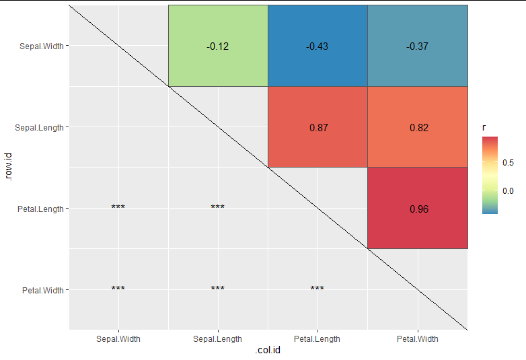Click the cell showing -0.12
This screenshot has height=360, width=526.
pos(217,46)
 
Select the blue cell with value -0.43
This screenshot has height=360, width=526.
pos(317,46)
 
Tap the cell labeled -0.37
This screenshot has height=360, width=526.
pos(417,46)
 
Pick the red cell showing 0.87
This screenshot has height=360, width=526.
pos(317,127)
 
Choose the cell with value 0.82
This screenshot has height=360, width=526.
pos(417,127)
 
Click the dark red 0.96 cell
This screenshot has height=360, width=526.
pos(417,209)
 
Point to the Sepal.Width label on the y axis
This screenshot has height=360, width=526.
pos(40,46)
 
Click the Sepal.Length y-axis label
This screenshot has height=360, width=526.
pos(39,127)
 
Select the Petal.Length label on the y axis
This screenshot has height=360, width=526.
pos(40,209)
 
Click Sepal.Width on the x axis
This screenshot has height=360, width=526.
pos(118,339)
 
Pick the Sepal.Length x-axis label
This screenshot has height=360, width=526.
pos(217,339)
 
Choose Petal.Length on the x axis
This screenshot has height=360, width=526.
pos(317,339)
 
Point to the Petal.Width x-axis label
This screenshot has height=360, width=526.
pos(417,339)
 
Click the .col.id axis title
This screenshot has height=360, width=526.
pos(268,352)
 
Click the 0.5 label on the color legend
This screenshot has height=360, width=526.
pos(508,163)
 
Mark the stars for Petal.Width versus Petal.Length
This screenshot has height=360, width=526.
pos(317,289)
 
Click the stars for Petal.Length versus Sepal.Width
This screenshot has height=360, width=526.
pos(118,207)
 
